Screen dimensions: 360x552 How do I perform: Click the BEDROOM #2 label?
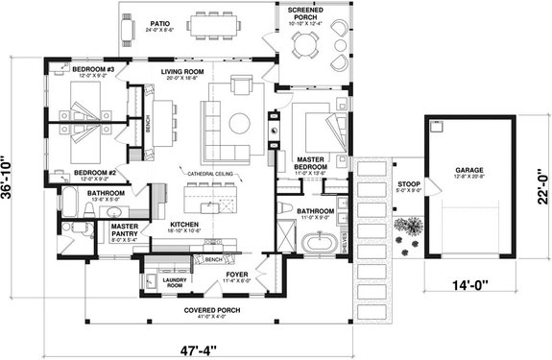coord(95,174)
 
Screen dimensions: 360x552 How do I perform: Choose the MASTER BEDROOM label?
coord(315,159)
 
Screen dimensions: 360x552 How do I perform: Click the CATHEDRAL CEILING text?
coord(212,174)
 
